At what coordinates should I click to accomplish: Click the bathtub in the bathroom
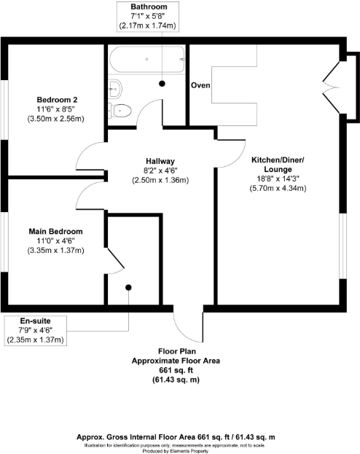[x=146, y=59]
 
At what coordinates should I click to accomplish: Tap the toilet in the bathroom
[x=120, y=110]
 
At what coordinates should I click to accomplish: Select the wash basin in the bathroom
[x=115, y=88]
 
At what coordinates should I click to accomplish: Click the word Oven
[x=200, y=85]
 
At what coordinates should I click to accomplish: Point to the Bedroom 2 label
[x=57, y=100]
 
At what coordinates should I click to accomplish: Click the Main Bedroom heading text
[x=55, y=231]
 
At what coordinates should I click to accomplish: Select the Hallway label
[x=160, y=161]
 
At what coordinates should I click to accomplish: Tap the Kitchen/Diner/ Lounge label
[x=278, y=165]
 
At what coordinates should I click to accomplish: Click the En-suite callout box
[x=36, y=330]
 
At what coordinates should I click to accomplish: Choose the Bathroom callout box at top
[x=148, y=16]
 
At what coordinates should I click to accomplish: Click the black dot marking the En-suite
[x=128, y=288]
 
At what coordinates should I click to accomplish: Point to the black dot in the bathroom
[x=163, y=84]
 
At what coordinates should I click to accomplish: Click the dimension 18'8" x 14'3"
[x=278, y=179]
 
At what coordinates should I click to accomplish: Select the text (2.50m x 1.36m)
[x=160, y=180]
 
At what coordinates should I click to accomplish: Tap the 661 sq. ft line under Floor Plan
[x=176, y=370]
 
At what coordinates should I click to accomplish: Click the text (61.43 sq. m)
[x=176, y=380]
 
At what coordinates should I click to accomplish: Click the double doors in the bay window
[x=332, y=87]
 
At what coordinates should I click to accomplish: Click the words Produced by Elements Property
[x=176, y=451]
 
